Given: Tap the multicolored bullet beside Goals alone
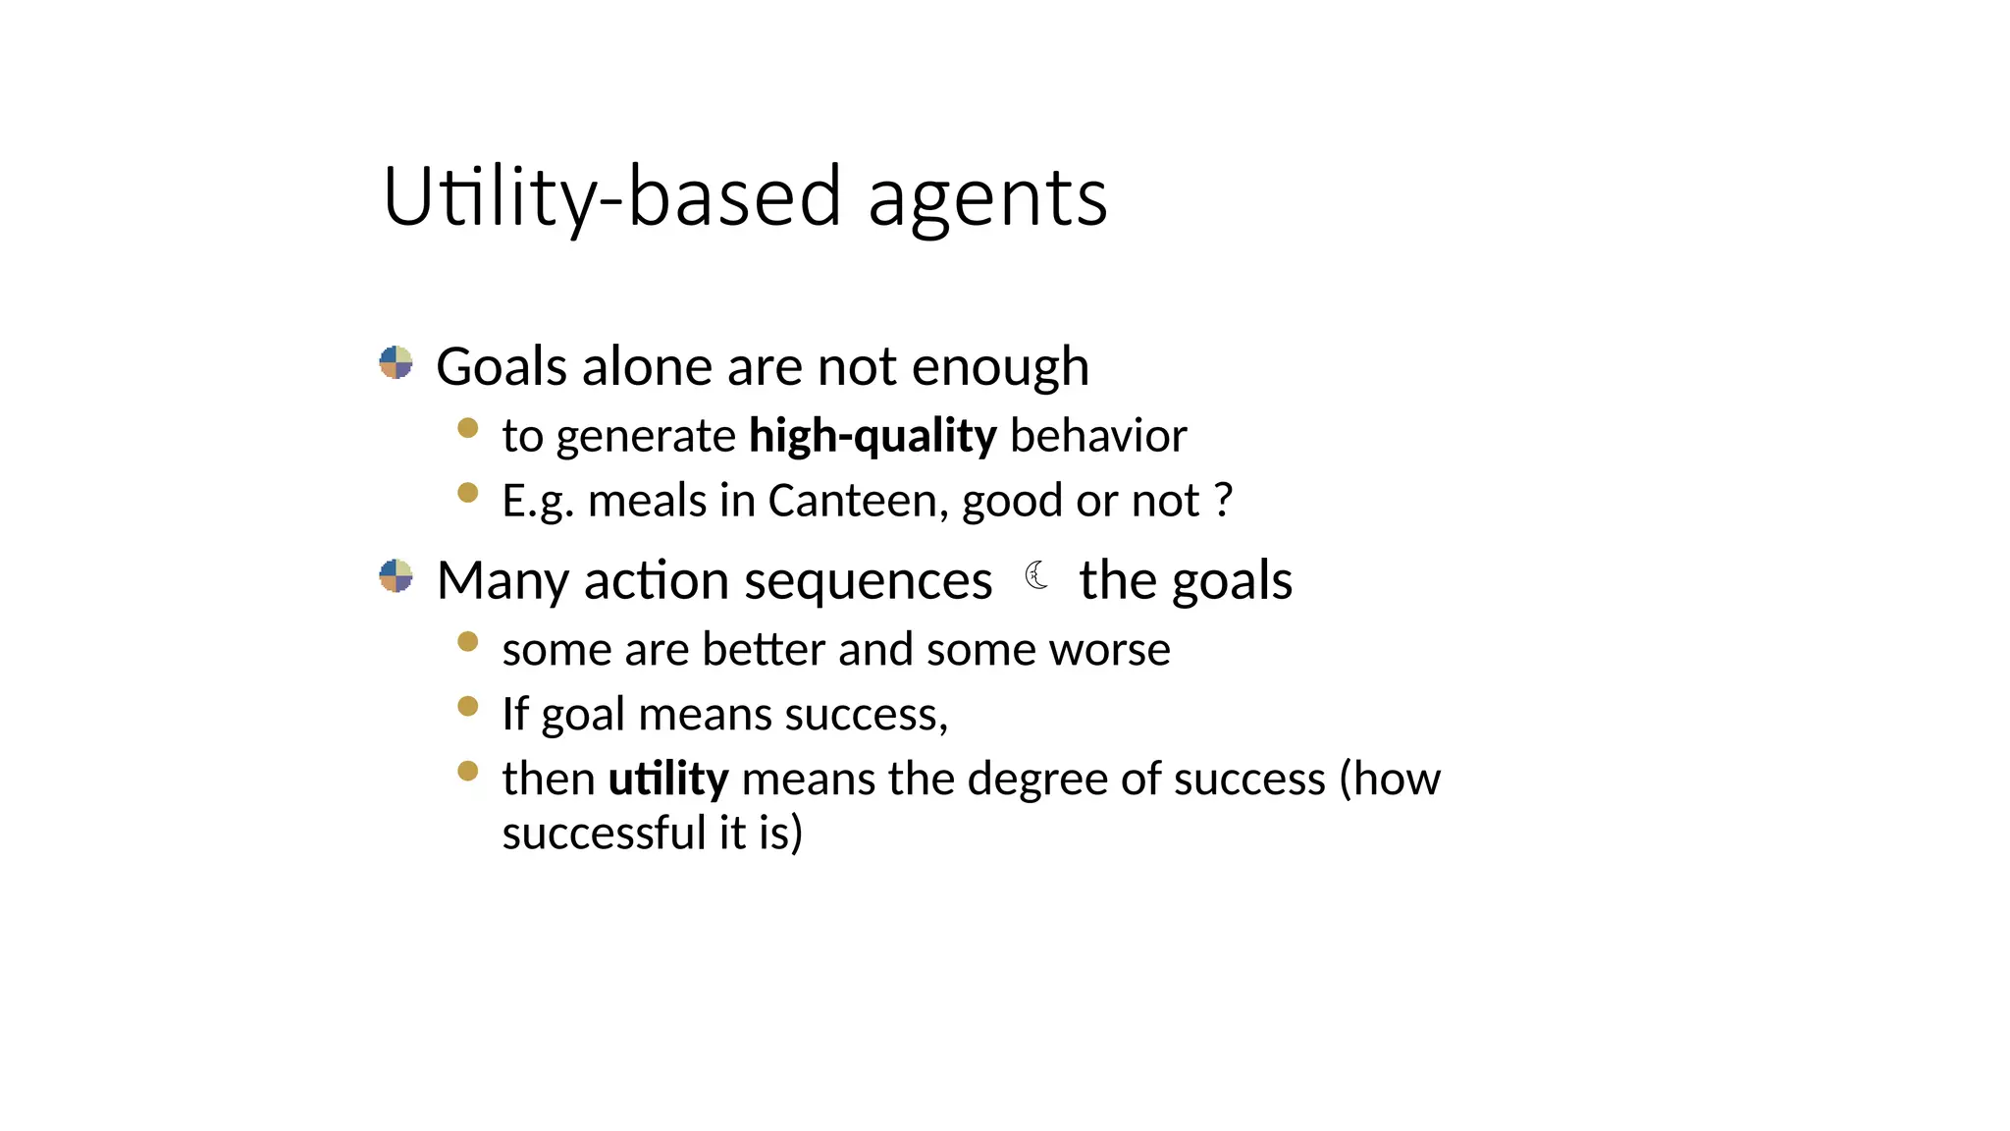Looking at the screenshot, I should point(396,362).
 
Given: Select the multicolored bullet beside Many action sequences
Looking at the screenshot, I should point(396,576).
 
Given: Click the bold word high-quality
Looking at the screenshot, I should point(873,436).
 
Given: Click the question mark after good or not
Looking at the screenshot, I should point(1223,500).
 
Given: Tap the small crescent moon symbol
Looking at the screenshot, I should point(1036,575).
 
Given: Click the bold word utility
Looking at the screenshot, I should point(668,779).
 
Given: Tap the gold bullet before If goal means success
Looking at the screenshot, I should point(468,706).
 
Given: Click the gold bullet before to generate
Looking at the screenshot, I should point(468,428).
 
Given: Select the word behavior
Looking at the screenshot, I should point(1098,436).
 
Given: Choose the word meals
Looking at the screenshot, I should point(647,501).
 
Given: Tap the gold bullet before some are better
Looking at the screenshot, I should point(468,642).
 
